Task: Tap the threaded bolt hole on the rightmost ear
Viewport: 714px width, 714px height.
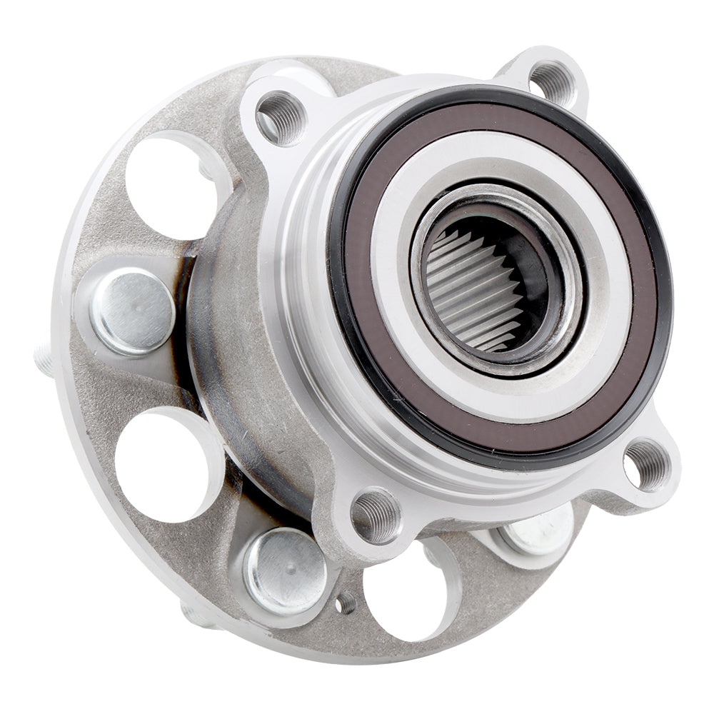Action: [648, 465]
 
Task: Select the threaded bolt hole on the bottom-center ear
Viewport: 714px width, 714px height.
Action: [376, 516]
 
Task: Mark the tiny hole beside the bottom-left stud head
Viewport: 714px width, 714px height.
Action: [346, 604]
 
